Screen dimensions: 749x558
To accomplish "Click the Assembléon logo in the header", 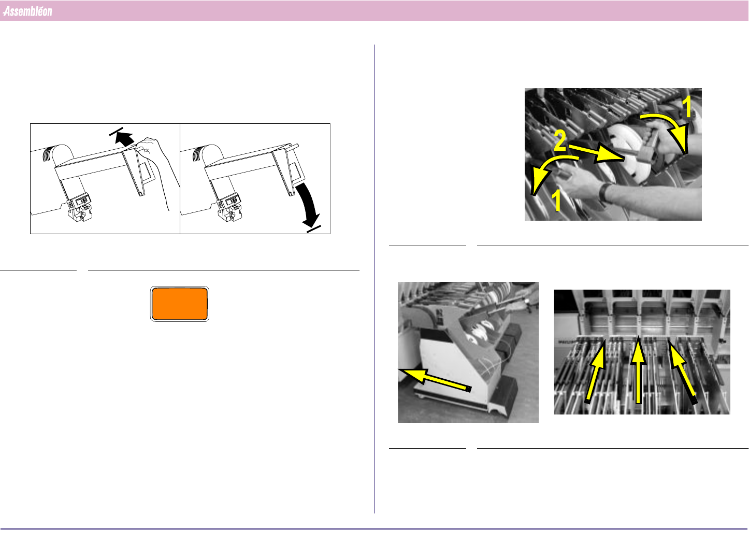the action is coord(27,11).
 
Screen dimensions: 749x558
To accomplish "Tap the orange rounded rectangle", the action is coord(180,304).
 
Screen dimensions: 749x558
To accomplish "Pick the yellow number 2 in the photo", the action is coord(560,141).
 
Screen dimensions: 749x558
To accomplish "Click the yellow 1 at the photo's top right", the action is coord(687,107).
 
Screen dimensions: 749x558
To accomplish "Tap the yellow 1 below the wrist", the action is coord(556,200).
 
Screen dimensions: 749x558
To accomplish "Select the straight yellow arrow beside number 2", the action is coord(596,153).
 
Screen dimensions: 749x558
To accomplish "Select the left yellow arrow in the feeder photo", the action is coord(596,371).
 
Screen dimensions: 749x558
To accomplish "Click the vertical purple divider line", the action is coord(374,279).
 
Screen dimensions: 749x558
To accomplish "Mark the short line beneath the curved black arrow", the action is coord(314,229).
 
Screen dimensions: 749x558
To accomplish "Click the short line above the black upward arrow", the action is coord(116,132).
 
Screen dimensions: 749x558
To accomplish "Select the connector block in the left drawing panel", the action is coord(80,207).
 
